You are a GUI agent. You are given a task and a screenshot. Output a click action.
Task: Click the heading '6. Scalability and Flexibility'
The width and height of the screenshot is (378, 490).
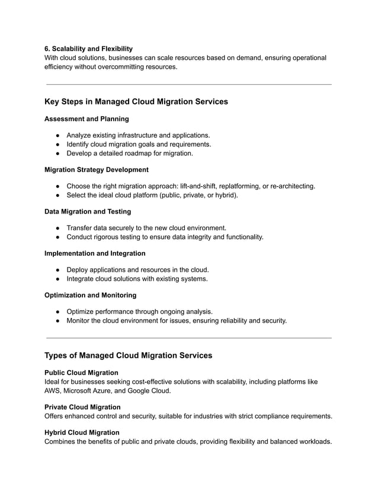(x=89, y=48)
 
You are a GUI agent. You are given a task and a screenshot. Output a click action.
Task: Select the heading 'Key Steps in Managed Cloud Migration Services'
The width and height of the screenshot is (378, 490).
(x=136, y=101)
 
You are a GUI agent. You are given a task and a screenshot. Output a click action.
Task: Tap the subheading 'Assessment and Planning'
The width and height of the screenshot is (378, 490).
(x=87, y=119)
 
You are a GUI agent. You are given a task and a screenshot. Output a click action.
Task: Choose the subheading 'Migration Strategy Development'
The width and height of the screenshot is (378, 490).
(x=97, y=170)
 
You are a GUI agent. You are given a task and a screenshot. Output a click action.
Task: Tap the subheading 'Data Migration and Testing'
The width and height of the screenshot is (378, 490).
(x=88, y=211)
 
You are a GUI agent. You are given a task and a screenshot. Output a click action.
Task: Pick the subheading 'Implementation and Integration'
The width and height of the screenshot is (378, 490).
(x=95, y=253)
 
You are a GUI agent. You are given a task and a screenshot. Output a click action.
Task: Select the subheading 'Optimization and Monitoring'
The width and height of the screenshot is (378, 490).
(x=90, y=295)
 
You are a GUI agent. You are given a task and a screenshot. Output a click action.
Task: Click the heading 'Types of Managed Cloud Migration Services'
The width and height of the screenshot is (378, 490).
(x=128, y=355)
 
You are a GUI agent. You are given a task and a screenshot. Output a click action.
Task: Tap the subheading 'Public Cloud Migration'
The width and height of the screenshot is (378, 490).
(x=81, y=373)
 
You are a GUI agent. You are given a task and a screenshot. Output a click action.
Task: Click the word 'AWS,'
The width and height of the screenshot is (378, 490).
(x=54, y=391)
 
